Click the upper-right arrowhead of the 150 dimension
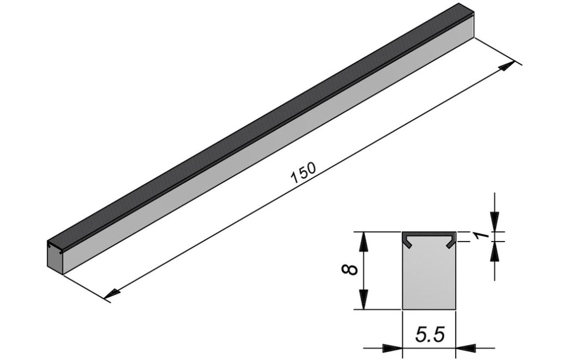(507, 67)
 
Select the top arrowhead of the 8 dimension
(364, 240)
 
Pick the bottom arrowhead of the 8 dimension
(364, 301)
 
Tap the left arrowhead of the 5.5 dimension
(391, 347)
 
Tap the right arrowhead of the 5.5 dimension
(467, 347)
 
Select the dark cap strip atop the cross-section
(429, 234)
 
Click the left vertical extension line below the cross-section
(403, 330)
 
